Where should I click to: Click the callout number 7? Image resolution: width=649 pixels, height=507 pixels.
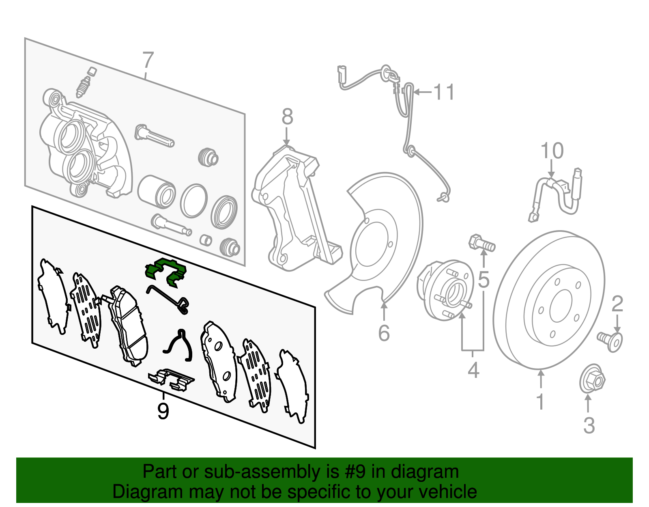[148, 60]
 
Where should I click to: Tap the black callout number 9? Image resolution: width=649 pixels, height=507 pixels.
[163, 412]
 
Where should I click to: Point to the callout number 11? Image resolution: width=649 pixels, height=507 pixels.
[444, 93]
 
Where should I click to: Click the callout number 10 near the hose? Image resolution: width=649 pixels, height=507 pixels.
[552, 151]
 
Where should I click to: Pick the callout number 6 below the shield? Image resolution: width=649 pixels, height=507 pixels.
[384, 333]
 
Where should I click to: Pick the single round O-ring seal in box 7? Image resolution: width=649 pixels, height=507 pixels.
[193, 201]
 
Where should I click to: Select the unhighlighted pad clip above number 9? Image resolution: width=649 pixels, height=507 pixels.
[171, 379]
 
